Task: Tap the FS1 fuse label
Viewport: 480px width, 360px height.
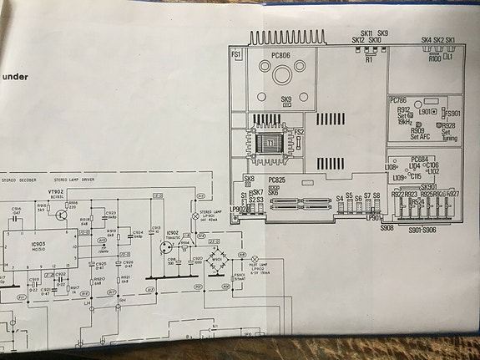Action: click(236, 54)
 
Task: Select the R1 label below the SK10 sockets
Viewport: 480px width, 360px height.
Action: click(369, 60)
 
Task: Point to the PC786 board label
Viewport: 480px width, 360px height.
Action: click(399, 100)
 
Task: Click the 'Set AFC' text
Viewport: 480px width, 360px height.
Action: click(417, 136)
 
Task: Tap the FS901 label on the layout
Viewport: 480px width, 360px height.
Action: click(453, 114)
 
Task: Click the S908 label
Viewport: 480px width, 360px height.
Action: click(387, 226)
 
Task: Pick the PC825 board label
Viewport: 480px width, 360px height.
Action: click(276, 180)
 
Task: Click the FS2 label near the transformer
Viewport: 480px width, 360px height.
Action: click(299, 132)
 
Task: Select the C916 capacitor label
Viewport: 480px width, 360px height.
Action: click(16, 210)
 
